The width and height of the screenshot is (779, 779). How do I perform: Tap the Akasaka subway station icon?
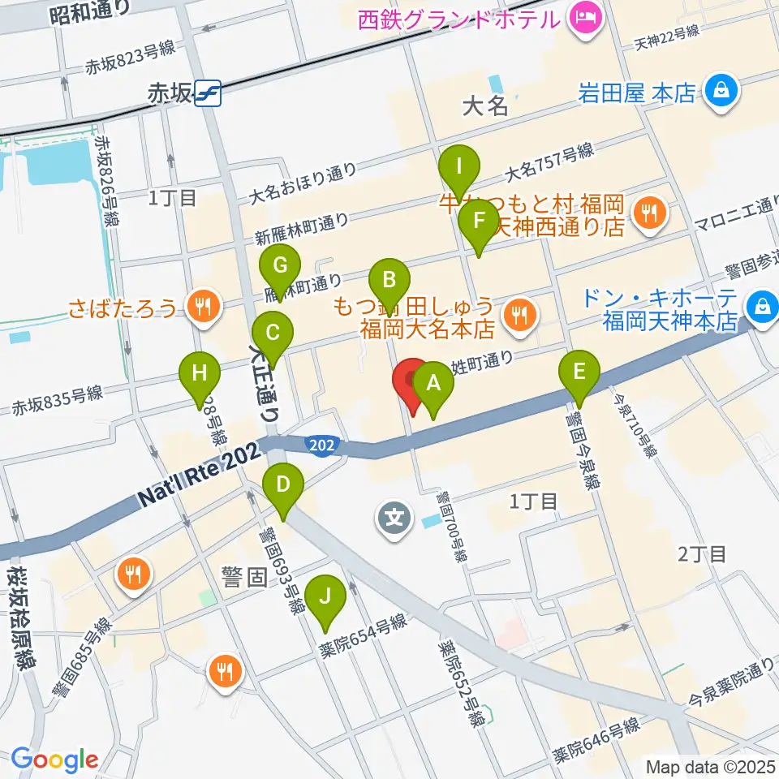click(x=207, y=94)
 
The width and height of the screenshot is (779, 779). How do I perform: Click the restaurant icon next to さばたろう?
click(x=200, y=306)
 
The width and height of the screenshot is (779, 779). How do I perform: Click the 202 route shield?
click(x=318, y=444)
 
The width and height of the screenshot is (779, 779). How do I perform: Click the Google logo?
click(x=55, y=759)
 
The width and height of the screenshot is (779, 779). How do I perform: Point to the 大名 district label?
click(x=484, y=106)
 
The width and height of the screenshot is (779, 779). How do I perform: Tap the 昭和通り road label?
click(x=89, y=11)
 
